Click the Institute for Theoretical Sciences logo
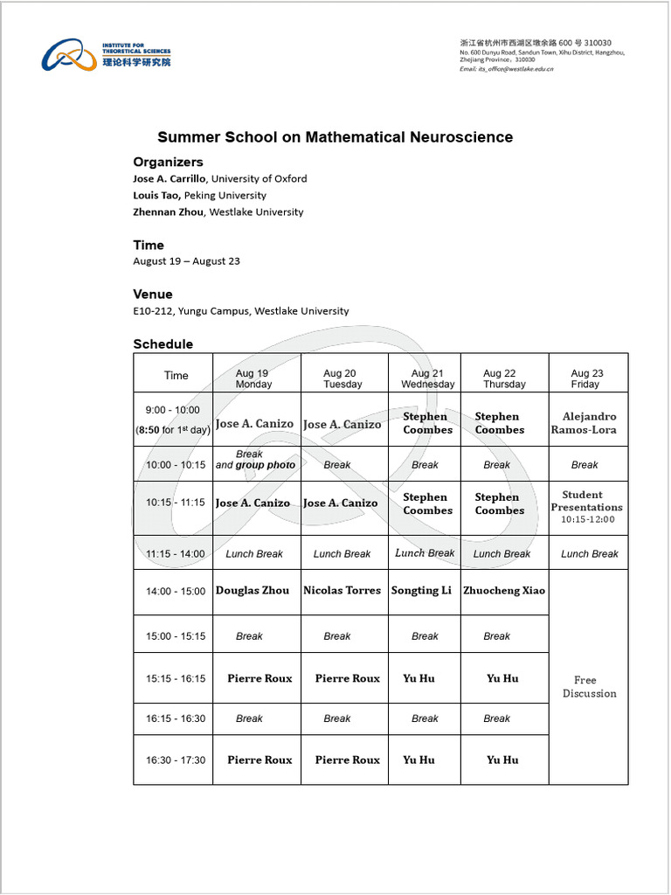click(x=106, y=55)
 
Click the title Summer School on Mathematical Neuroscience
click(x=335, y=137)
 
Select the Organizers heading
click(x=168, y=162)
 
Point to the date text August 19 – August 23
click(x=186, y=260)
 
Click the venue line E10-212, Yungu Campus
click(x=240, y=310)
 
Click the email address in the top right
click(x=506, y=68)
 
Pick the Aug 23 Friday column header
click(x=586, y=378)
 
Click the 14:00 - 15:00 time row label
click(x=176, y=592)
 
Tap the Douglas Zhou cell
click(x=252, y=591)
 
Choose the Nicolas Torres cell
click(x=342, y=591)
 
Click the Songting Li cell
click(x=421, y=591)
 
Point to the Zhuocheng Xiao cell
click(x=504, y=591)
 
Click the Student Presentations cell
click(x=586, y=507)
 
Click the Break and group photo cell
click(x=254, y=461)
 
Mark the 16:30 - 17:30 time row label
click(x=176, y=760)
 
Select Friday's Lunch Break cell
click(x=590, y=554)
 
